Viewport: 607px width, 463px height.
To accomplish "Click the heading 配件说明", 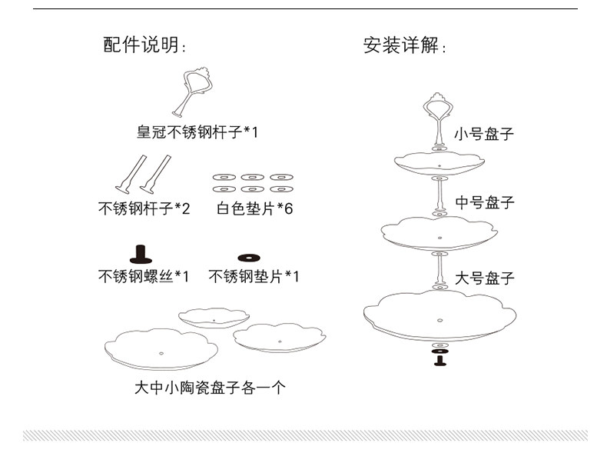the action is [x=145, y=45].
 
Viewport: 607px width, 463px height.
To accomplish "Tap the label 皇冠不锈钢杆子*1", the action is [x=197, y=132].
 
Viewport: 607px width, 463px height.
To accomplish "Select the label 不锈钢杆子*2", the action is [x=144, y=208].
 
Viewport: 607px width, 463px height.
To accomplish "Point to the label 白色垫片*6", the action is [x=254, y=208].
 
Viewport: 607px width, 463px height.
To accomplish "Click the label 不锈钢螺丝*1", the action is [x=144, y=276].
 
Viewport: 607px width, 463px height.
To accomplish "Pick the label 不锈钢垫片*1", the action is [x=254, y=276].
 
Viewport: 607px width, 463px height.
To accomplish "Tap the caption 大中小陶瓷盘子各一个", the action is [x=210, y=388].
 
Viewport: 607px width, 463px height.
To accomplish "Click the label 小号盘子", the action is [x=483, y=134].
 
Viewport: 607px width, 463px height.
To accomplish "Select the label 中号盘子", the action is [x=484, y=203].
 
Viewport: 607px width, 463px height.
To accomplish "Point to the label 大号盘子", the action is [x=484, y=278].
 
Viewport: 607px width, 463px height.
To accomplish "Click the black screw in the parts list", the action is [x=140, y=255].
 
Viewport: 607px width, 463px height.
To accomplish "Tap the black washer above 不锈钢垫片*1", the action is [x=250, y=257].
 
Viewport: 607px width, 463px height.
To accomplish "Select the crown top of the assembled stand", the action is [x=438, y=106].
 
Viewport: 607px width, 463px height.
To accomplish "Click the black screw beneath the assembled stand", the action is [x=439, y=359].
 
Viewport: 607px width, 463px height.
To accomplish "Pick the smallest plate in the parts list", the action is [x=214, y=316].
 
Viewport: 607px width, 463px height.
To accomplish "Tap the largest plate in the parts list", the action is [x=161, y=350].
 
